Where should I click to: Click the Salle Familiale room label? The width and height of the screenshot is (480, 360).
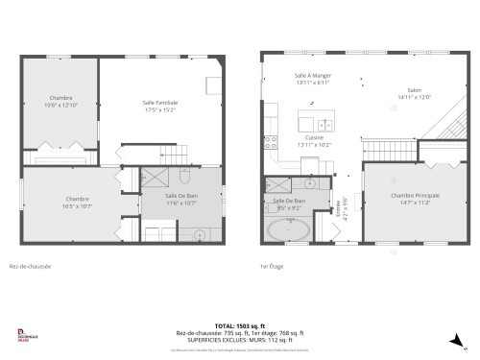pos(160,106)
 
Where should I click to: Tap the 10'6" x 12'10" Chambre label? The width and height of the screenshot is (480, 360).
pos(62,102)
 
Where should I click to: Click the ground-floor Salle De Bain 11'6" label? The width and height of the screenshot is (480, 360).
pos(155,199)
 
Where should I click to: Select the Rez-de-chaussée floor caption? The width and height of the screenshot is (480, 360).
pos(30,267)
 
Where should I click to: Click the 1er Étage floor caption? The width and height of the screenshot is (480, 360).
pos(273,267)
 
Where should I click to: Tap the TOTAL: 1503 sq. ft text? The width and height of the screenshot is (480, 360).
pos(239,325)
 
